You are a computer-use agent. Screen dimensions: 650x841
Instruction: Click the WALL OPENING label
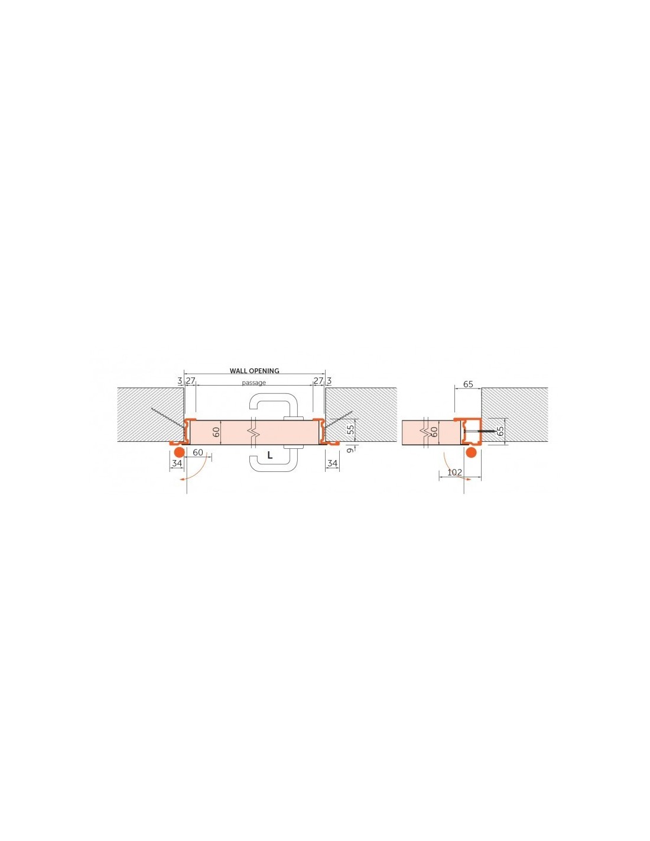click(x=255, y=371)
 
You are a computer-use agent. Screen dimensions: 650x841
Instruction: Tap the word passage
click(x=253, y=383)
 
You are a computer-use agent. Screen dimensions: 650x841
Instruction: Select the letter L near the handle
click(x=270, y=455)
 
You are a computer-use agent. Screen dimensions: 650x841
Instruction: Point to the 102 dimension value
click(x=455, y=472)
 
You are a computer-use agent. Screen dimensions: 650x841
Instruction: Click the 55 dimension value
click(x=351, y=431)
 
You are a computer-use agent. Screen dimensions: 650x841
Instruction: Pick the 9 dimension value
click(x=351, y=450)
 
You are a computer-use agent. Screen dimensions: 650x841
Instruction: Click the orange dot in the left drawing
click(x=178, y=452)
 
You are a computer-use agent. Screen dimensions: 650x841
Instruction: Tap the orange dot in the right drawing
click(x=471, y=452)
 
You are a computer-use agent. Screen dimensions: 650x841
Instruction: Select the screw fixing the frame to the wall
click(x=479, y=431)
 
